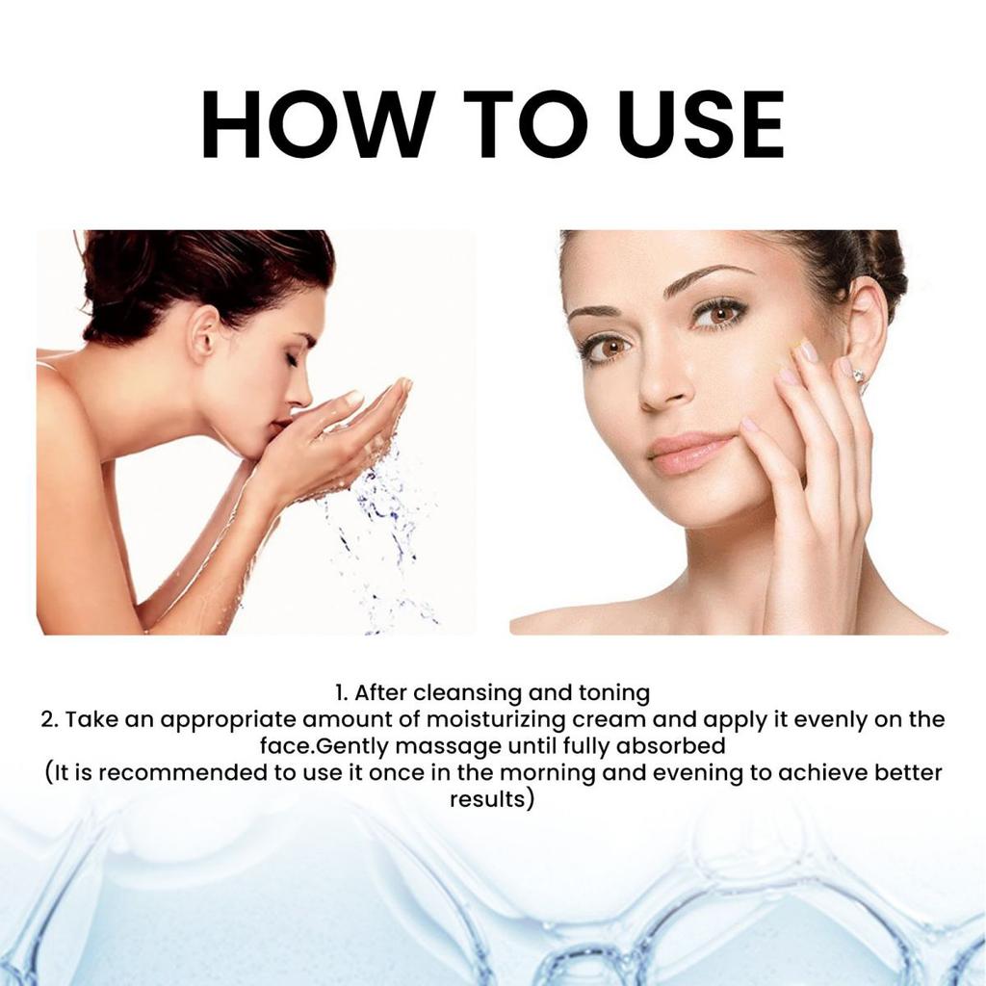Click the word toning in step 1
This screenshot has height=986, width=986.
(613, 692)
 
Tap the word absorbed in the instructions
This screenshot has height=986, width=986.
(677, 746)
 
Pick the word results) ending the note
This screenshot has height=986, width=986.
(492, 800)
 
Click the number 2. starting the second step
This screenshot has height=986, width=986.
(50, 720)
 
